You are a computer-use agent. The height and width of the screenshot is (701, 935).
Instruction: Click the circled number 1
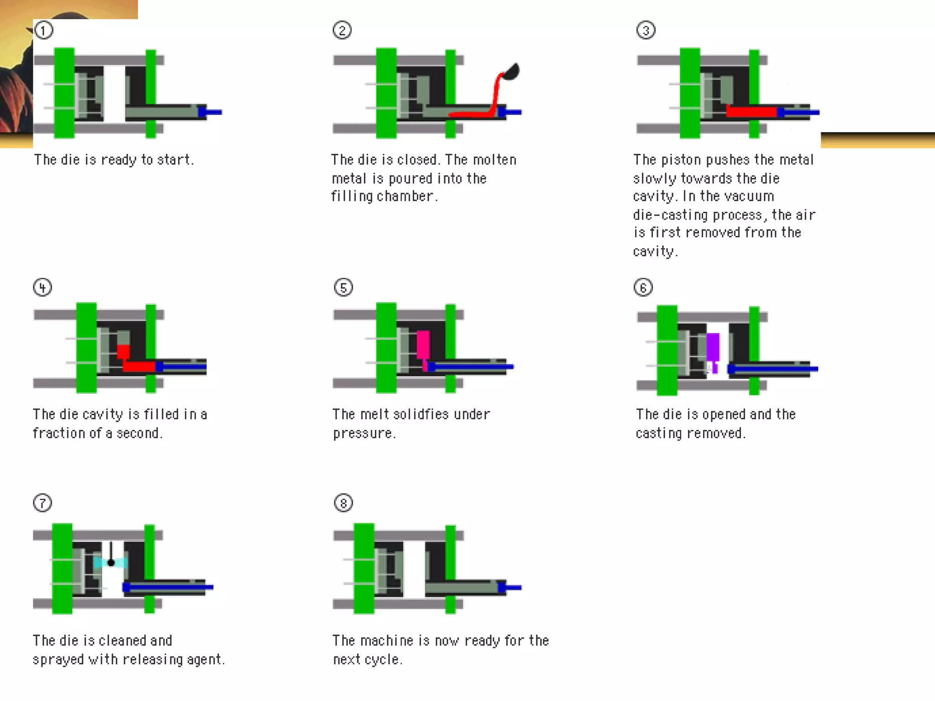44,31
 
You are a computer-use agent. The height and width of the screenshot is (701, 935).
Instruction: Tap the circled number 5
343,288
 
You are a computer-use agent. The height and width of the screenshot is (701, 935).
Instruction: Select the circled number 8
343,503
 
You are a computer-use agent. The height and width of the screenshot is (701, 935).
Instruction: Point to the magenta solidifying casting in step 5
423,344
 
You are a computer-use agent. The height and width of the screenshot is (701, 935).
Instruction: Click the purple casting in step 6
713,347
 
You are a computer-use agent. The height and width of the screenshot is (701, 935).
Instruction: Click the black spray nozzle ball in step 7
111,563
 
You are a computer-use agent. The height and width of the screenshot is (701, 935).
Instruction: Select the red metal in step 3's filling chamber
751,111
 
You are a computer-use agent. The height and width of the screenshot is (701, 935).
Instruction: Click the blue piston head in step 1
202,112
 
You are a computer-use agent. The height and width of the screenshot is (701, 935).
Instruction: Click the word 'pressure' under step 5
363,433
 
